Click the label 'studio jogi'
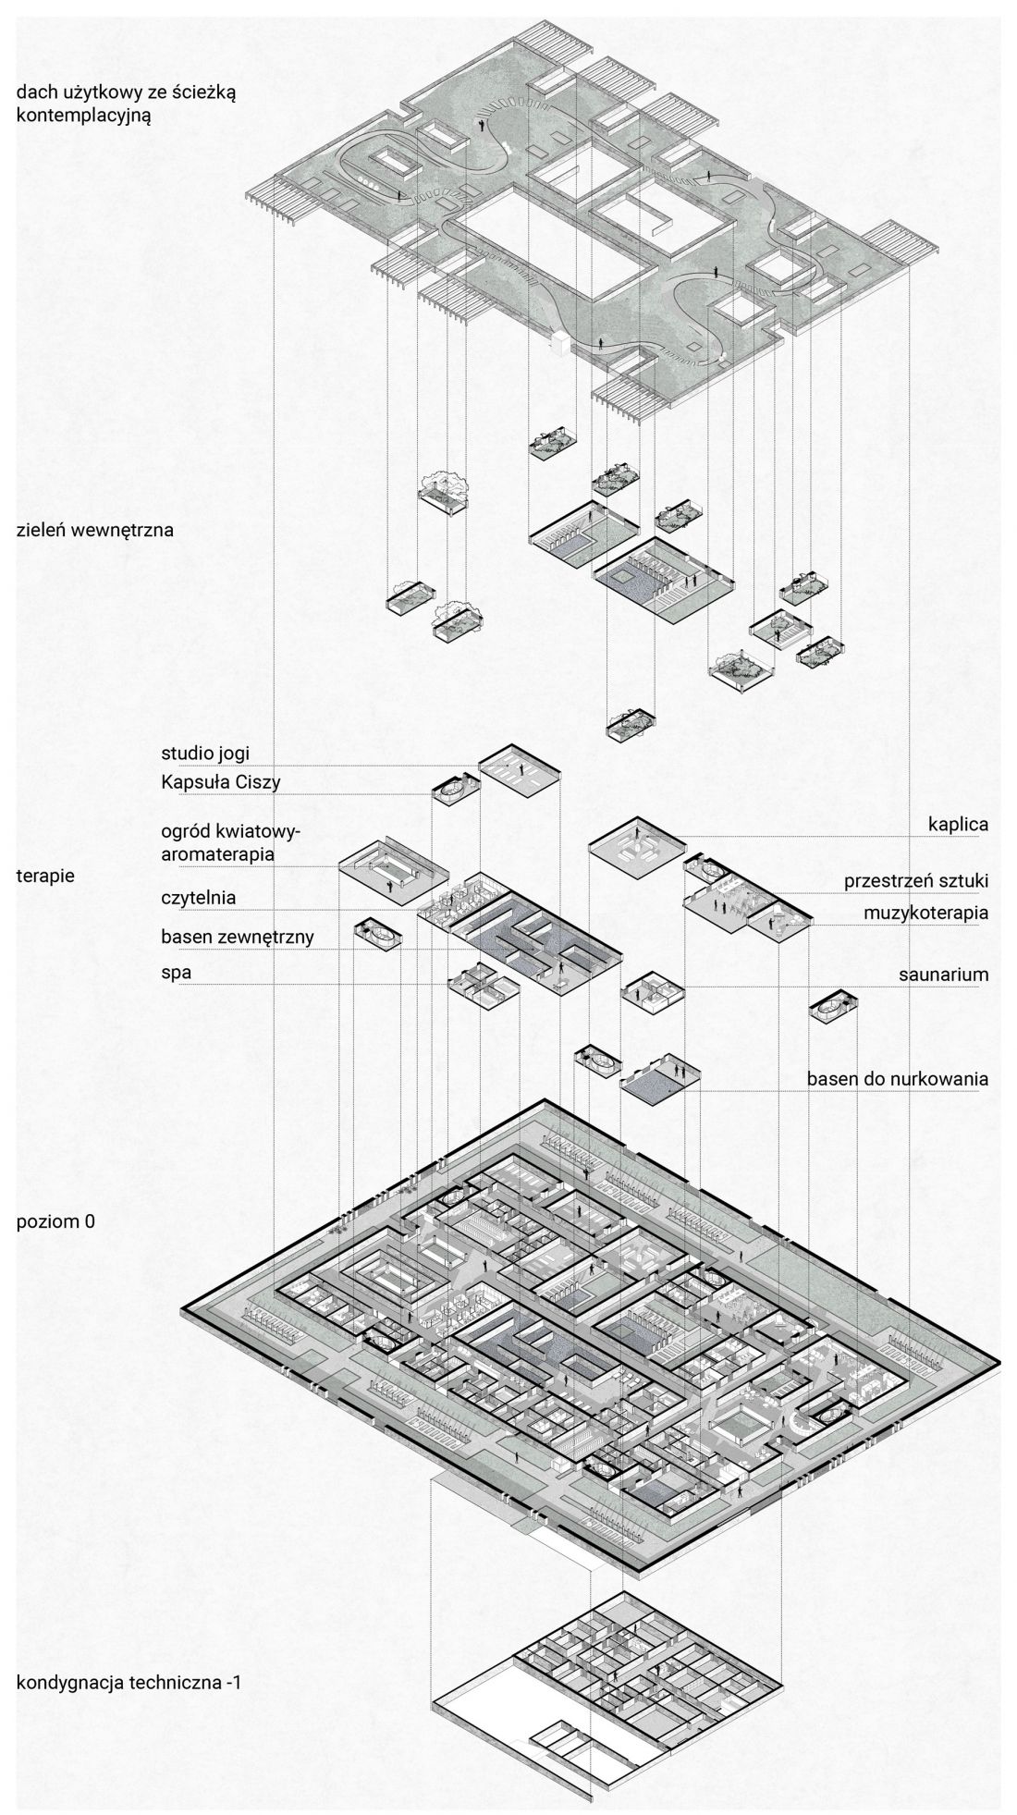[205, 753]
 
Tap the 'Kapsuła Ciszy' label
[221, 783]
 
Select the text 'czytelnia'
[198, 897]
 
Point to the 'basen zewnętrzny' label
[238, 937]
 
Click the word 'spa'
[176, 974]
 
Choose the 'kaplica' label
[959, 824]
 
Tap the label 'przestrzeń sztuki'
[916, 881]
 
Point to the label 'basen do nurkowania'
[898, 1078]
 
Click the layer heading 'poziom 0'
[55, 1221]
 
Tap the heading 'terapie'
[46, 874]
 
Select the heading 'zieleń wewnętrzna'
[95, 531]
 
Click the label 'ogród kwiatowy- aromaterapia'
[231, 842]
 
